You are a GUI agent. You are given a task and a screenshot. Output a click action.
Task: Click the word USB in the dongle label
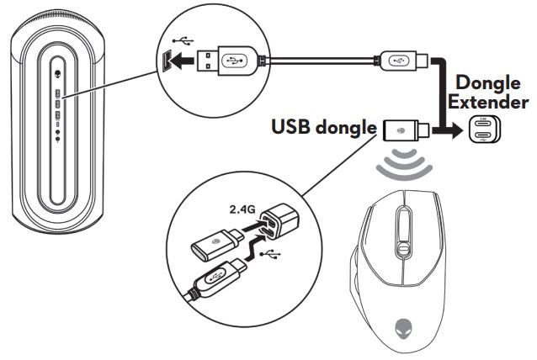click(290, 128)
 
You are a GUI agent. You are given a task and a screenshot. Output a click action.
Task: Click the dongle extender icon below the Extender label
click(486, 130)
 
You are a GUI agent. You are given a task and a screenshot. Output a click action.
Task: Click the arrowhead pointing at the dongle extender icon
click(452, 130)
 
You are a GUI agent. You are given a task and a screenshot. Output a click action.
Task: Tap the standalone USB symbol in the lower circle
click(270, 251)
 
